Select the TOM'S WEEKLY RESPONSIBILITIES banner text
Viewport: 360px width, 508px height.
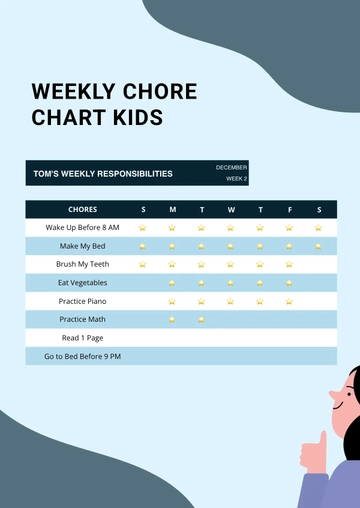(102, 173)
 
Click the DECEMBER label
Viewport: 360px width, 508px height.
(231, 167)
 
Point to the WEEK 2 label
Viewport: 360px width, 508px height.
(236, 178)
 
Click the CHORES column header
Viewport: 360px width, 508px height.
(82, 210)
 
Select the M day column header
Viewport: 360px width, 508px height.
(172, 210)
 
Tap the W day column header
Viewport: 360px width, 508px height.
(231, 210)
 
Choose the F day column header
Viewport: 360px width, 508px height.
(289, 210)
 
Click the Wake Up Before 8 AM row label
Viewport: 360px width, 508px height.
(82, 228)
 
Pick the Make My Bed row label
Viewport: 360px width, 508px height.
(82, 246)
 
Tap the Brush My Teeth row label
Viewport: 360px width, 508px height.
(82, 264)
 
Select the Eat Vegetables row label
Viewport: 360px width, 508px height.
(82, 283)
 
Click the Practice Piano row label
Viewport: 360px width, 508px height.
(82, 301)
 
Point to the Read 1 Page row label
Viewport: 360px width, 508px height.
(82, 338)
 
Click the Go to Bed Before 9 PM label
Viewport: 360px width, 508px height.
(82, 356)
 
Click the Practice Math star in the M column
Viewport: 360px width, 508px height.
(172, 320)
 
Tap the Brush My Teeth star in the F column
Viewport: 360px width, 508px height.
(289, 265)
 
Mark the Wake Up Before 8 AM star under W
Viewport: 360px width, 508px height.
(231, 228)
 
